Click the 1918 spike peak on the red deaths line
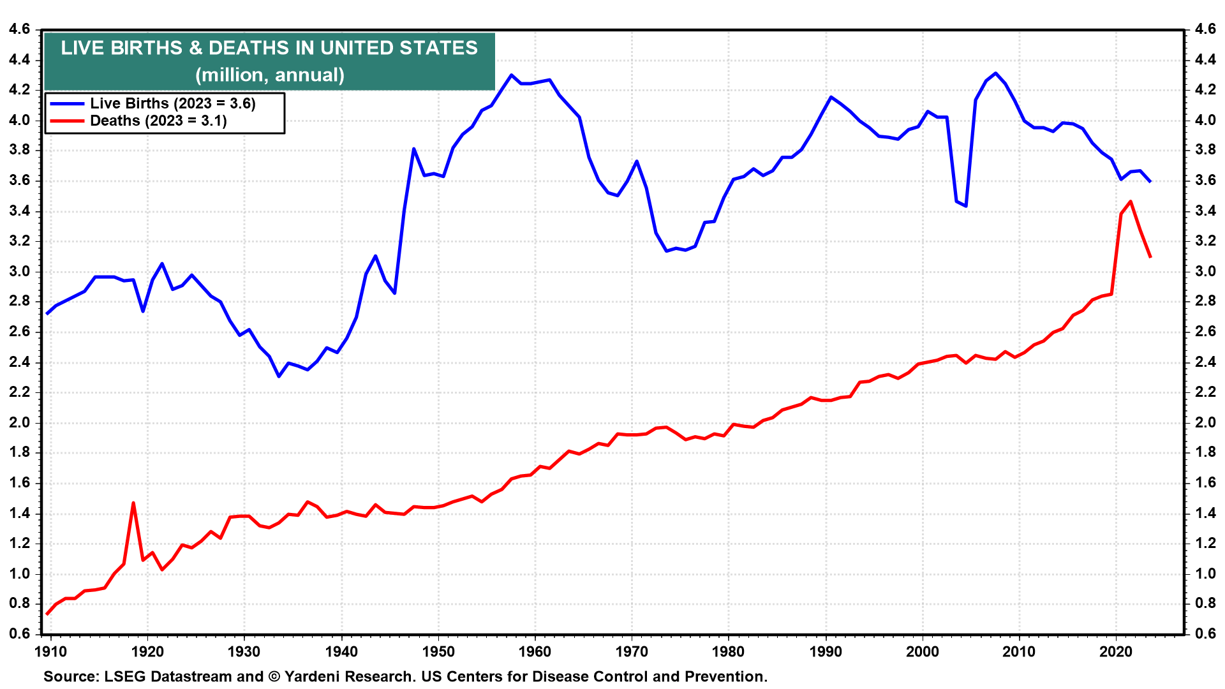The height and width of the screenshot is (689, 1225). (x=133, y=503)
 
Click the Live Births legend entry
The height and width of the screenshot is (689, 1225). (x=172, y=103)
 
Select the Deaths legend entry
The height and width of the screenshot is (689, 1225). (x=158, y=121)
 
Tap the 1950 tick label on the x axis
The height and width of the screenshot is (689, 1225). (x=438, y=651)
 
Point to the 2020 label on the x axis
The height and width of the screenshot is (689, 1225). (x=1116, y=651)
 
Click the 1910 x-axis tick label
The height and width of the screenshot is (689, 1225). (x=50, y=651)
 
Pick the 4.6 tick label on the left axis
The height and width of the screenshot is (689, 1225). (x=19, y=29)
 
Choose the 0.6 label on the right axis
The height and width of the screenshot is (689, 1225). (x=1205, y=633)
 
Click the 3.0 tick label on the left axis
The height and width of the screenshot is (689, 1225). (x=19, y=271)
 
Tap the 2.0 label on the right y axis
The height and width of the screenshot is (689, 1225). (x=1205, y=422)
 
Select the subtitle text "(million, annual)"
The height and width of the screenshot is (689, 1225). (x=270, y=75)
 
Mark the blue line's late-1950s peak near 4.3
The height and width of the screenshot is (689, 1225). (x=511, y=75)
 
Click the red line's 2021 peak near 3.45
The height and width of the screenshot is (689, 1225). (x=1131, y=202)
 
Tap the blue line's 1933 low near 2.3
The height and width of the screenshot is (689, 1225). (x=279, y=376)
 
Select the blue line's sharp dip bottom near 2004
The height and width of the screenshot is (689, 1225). (x=966, y=206)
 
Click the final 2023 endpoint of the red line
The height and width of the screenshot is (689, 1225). (x=1150, y=257)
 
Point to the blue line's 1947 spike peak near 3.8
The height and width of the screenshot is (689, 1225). (x=413, y=149)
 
